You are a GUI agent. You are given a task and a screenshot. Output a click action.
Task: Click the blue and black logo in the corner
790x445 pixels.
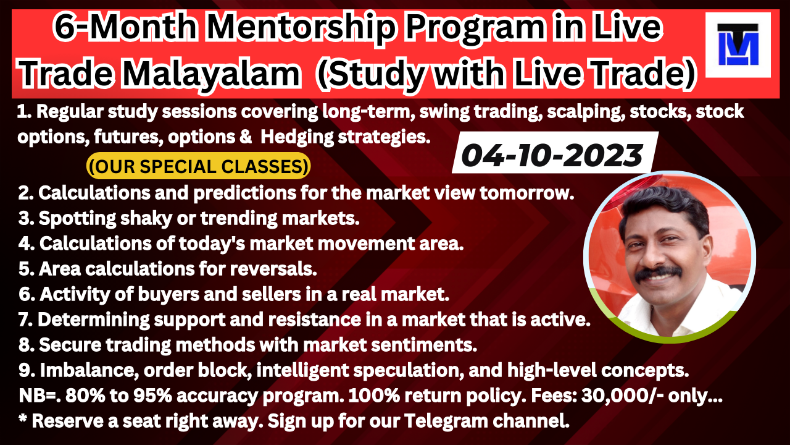738,45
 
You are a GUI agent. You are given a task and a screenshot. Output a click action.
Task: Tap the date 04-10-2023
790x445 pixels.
552,155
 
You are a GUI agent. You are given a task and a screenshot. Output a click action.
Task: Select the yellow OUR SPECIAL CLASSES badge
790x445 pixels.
199,166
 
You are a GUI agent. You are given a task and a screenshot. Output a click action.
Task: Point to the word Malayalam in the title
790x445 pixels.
212,75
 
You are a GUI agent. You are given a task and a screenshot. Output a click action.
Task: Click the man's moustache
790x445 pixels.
659,274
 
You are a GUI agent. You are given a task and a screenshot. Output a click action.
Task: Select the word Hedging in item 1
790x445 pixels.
297,137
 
